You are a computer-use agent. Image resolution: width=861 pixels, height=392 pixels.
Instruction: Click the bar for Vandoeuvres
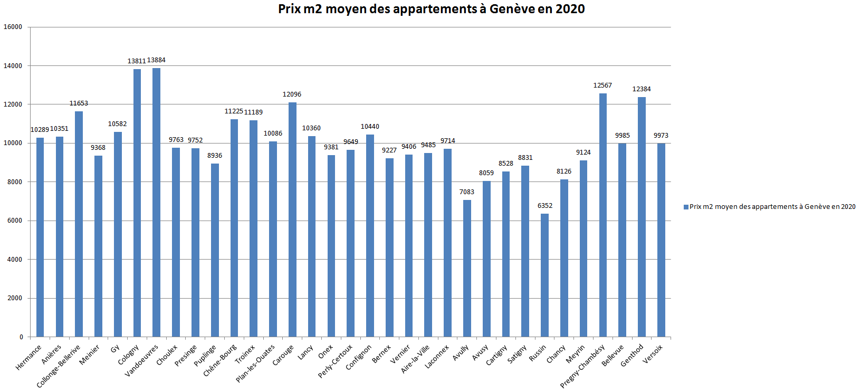coord(156,202)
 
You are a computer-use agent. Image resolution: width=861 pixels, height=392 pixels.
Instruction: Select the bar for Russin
coord(544,275)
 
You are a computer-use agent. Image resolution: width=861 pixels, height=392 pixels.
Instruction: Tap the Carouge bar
coord(292,219)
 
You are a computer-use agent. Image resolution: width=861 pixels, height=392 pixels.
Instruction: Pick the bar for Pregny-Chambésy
coord(602,215)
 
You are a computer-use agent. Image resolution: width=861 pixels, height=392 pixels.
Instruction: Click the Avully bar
coord(467,268)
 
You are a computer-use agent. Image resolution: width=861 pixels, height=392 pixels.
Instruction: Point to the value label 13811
coord(136,61)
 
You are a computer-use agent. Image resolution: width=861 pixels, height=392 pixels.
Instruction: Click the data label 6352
coord(545,206)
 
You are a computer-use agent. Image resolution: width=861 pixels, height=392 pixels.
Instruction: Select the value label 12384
coord(642,89)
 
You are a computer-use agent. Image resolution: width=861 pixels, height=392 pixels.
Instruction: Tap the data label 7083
coord(467,192)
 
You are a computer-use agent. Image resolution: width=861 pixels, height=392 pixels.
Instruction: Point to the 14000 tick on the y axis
coord(13,66)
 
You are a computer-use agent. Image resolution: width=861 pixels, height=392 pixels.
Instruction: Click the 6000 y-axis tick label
coord(15,221)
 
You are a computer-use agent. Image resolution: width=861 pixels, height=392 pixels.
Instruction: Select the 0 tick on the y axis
coord(21,337)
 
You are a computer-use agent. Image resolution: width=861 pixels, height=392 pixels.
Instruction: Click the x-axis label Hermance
coord(29,357)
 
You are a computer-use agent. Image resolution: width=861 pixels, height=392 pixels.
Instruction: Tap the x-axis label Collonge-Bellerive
coord(59,366)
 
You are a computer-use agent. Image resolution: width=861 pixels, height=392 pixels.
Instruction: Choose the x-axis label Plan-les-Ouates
coord(255,363)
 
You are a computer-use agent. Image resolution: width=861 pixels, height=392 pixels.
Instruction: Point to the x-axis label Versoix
coord(653,354)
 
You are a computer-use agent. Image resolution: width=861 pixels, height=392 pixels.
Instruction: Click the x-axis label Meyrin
coord(575,354)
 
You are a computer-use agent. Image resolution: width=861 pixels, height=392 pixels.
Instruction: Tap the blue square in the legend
coord(686,207)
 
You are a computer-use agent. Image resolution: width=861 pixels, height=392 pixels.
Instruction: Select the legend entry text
coord(772,207)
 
